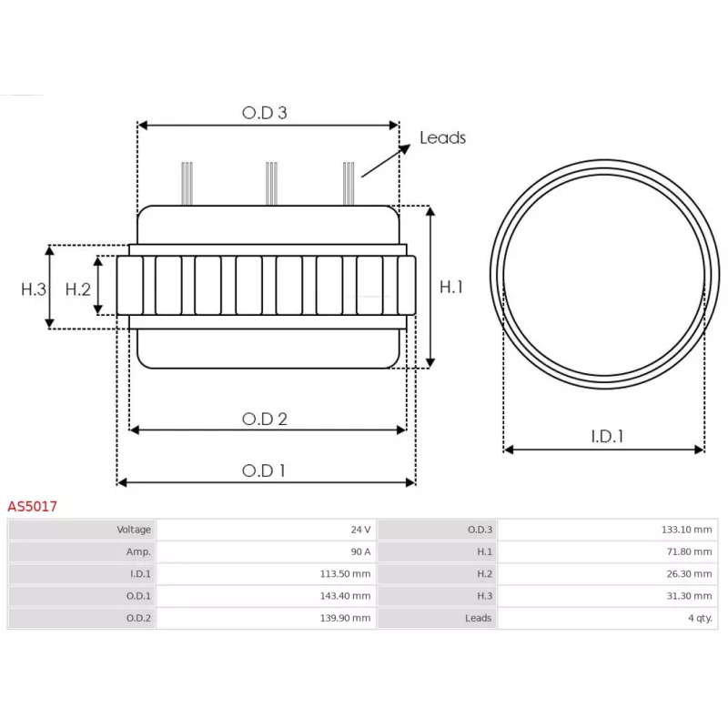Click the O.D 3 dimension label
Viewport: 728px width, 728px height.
[265, 113]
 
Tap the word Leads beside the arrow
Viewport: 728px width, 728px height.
[442, 137]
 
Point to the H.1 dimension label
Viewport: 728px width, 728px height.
[452, 287]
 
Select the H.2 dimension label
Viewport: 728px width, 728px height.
[78, 288]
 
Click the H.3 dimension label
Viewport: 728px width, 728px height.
[34, 288]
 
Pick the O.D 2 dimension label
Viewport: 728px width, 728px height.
[265, 419]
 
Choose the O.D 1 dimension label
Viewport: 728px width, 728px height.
[264, 470]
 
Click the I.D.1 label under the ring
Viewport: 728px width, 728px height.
[607, 436]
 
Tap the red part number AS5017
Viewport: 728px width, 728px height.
[33, 506]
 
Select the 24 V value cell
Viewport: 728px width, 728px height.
[360, 530]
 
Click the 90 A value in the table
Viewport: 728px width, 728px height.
[360, 551]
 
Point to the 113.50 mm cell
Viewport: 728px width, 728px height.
[349, 574]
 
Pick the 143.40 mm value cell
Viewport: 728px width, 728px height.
[349, 596]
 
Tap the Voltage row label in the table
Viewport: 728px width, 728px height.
[134, 530]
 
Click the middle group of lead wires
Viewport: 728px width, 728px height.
[270, 183]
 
